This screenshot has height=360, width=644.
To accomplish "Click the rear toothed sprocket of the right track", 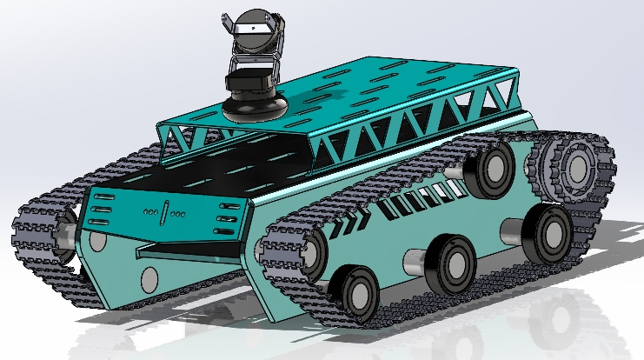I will [x=574, y=164].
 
